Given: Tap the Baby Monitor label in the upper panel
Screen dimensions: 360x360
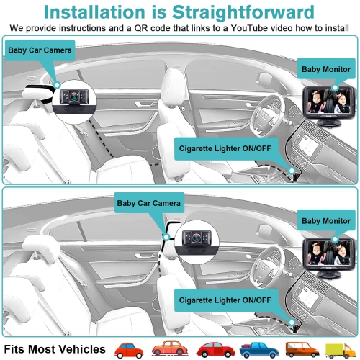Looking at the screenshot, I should [x=325, y=69].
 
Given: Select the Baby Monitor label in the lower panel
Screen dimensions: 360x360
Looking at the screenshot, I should [x=325, y=221].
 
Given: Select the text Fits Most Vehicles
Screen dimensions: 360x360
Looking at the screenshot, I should [x=55, y=349].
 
